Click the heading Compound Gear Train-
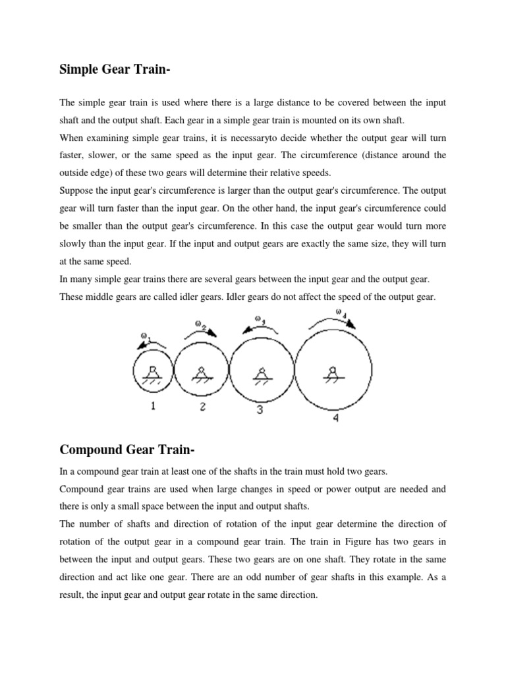click(128, 450)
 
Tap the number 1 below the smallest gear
click(153, 407)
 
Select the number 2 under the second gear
click(203, 407)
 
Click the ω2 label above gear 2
click(201, 324)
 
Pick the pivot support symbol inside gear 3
click(261, 374)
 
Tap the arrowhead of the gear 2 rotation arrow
click(213, 334)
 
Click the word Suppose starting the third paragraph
click(77, 191)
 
